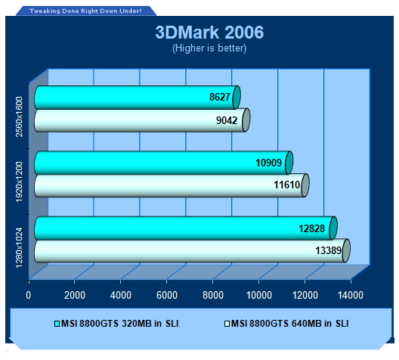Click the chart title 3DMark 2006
click(209, 33)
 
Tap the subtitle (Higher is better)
click(209, 48)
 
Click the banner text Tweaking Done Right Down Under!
click(85, 11)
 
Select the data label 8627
click(220, 97)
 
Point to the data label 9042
click(227, 120)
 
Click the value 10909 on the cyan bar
click(268, 163)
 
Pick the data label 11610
click(287, 185)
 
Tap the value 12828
click(311, 228)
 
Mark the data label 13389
click(328, 250)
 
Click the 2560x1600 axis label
click(19, 116)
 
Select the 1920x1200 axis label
click(19, 182)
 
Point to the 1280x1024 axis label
click(19, 248)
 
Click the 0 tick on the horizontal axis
click(28, 295)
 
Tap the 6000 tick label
click(167, 295)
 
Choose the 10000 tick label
click(259, 295)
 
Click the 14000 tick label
click(351, 295)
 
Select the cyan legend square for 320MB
click(57, 324)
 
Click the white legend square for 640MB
click(227, 324)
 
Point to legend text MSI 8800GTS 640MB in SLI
click(290, 324)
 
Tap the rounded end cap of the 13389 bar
click(346, 250)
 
